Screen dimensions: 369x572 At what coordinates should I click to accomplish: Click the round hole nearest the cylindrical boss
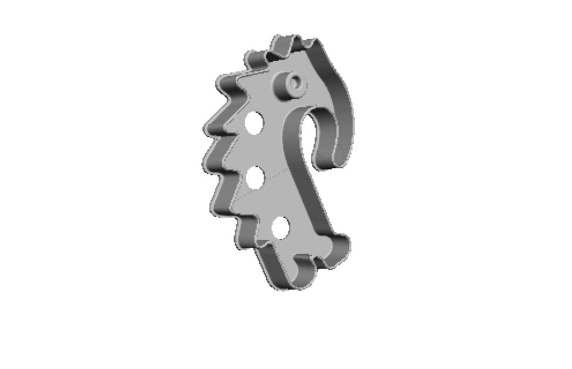click(254, 122)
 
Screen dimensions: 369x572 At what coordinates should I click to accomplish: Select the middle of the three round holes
click(256, 177)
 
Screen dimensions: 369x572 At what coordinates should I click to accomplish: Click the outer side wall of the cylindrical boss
click(285, 90)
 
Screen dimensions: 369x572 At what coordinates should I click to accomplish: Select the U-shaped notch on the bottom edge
click(303, 261)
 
